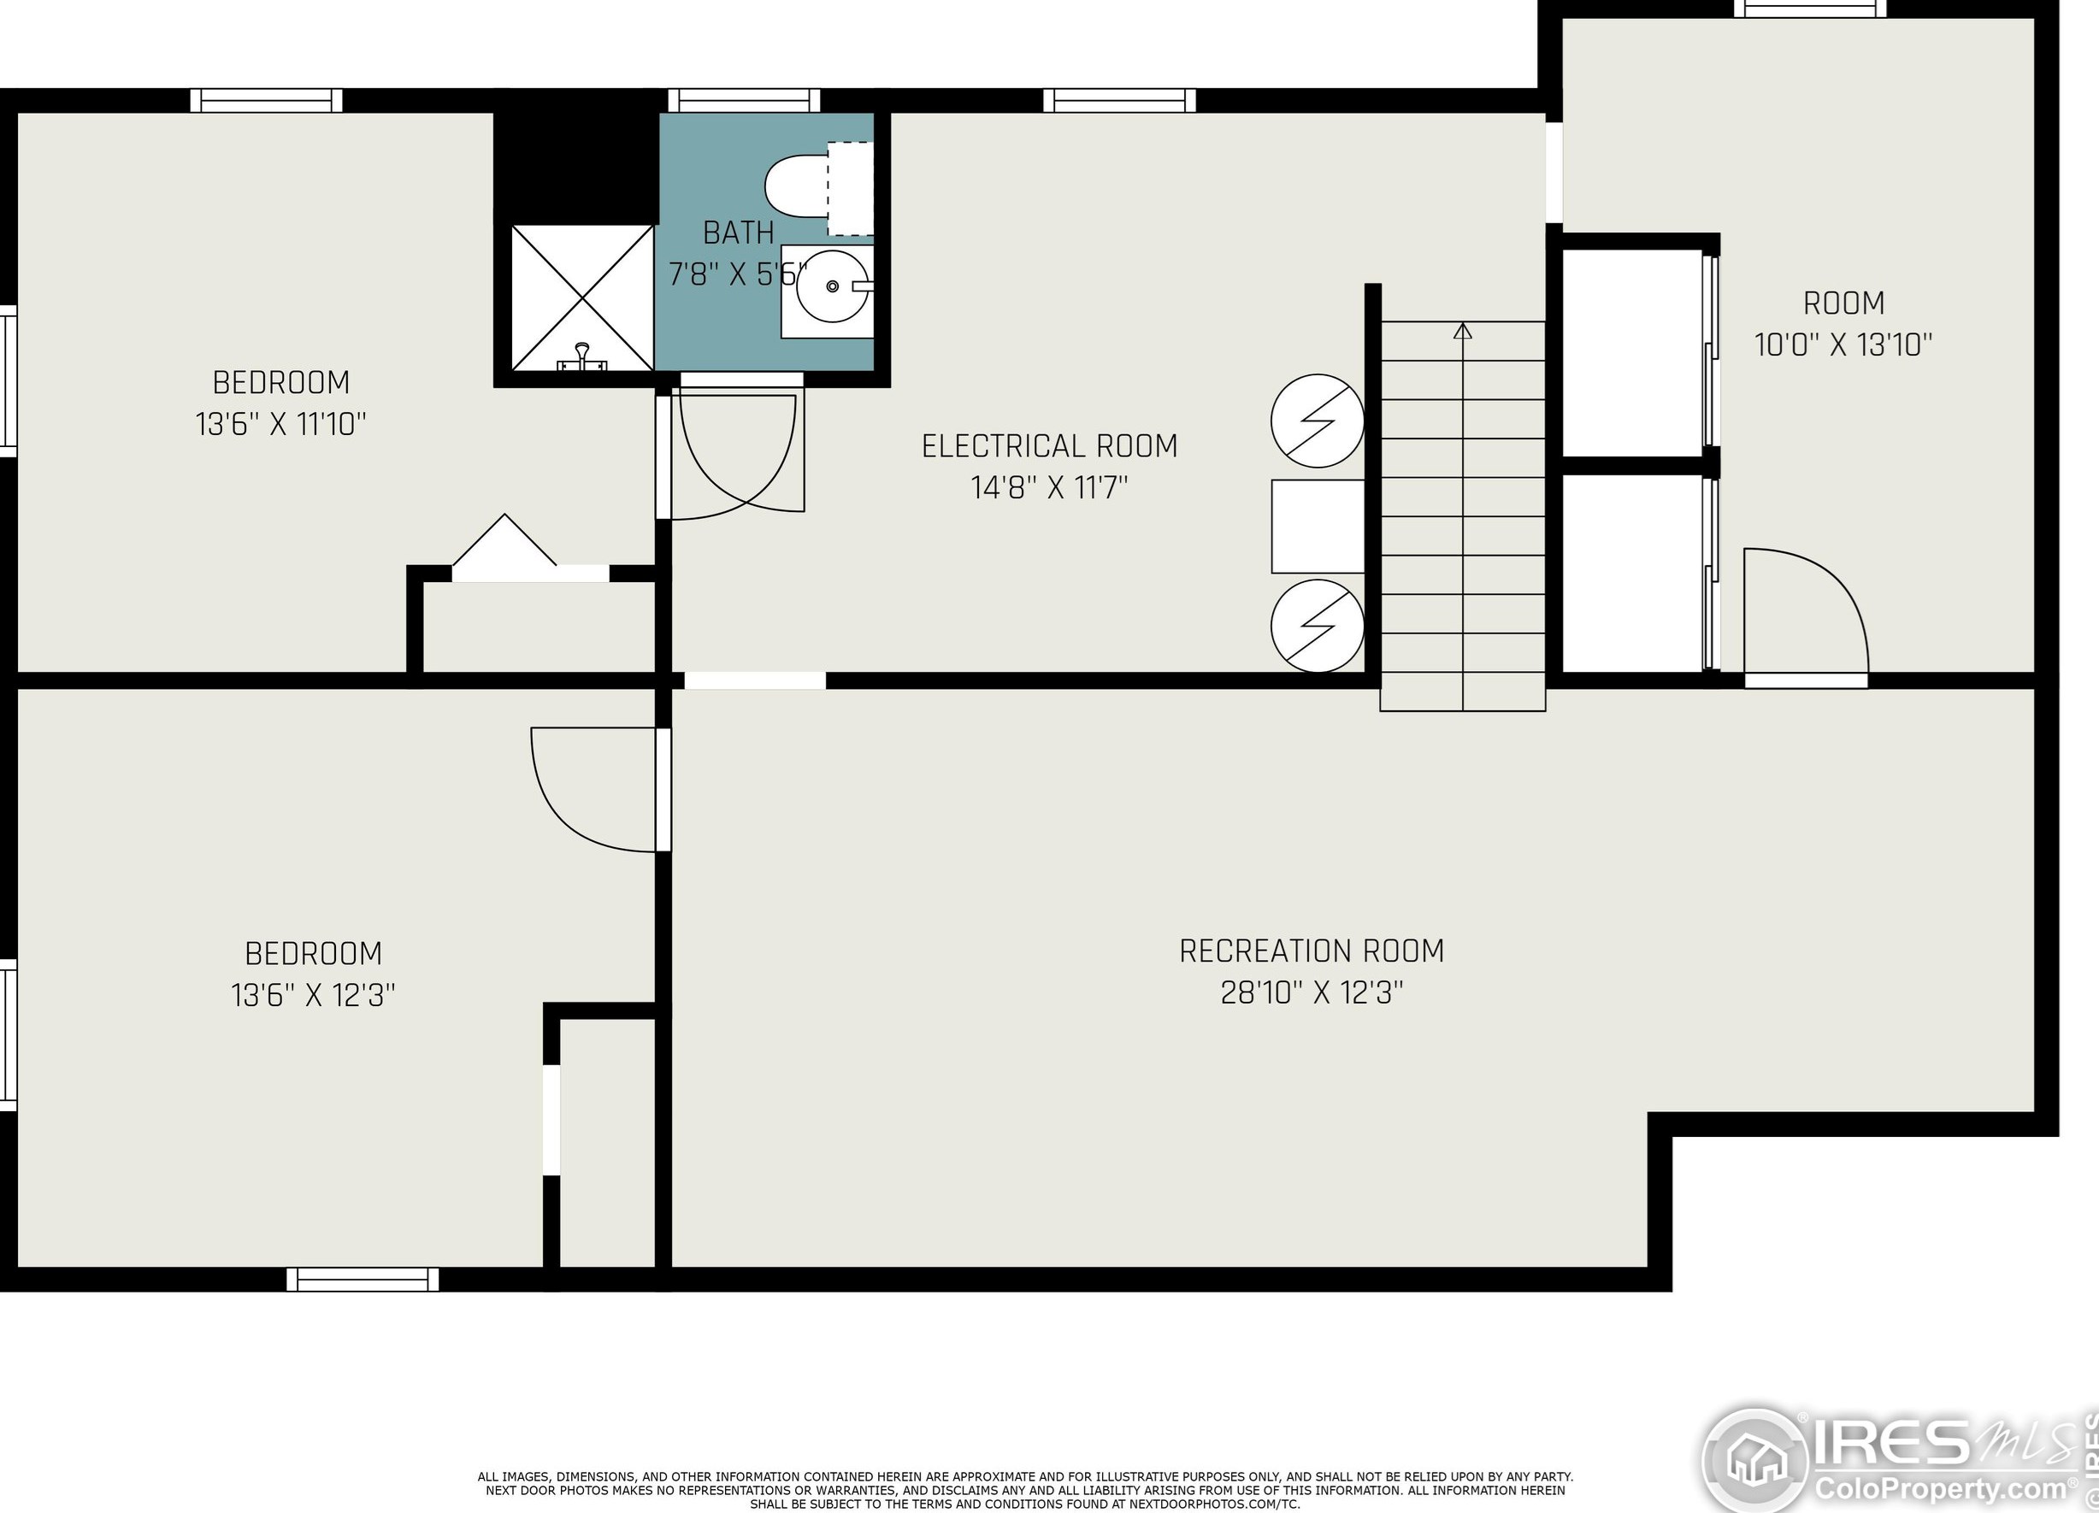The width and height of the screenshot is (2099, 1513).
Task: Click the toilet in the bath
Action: tap(819, 188)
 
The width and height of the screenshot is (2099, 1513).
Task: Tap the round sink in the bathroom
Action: tap(832, 287)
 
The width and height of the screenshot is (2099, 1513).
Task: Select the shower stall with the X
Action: tap(582, 298)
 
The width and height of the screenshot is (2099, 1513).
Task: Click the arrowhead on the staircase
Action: tap(1462, 330)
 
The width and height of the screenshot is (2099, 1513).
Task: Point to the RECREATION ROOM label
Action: tap(1312, 951)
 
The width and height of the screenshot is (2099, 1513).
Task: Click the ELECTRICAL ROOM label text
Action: tap(1050, 446)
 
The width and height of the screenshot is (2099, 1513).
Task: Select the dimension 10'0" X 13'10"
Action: tap(1843, 345)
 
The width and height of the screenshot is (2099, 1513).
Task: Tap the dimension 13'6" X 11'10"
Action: tap(280, 424)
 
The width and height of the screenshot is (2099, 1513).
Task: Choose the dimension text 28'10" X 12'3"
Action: tap(1312, 993)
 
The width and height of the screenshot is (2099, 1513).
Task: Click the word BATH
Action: tap(739, 233)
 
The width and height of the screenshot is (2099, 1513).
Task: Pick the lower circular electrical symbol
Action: tap(1317, 626)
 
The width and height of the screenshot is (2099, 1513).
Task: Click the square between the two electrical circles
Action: tap(1317, 527)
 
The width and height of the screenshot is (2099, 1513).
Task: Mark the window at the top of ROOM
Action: tap(1809, 9)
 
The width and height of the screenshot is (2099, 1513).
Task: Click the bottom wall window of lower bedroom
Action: tap(363, 1279)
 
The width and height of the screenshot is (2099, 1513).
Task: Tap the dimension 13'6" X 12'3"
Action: tap(313, 995)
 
